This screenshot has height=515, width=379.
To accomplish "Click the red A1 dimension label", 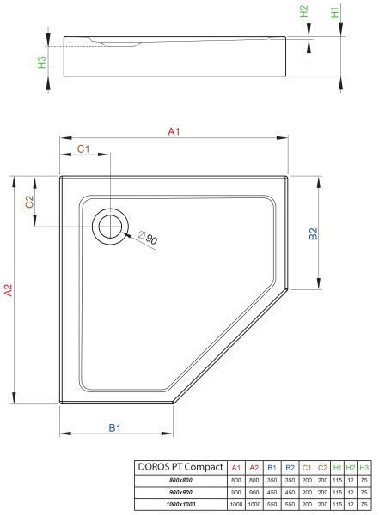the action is [174, 131].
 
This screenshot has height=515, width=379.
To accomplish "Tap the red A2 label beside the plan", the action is [9, 290].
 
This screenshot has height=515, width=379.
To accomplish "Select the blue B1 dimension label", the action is [114, 428].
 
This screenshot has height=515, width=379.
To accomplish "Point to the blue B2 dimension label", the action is [313, 233].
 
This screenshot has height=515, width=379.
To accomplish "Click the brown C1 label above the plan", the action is [83, 149].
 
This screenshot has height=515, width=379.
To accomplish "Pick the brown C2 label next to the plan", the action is [29, 202].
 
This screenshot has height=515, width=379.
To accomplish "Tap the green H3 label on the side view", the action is [42, 62].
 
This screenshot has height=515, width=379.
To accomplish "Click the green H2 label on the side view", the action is [304, 11].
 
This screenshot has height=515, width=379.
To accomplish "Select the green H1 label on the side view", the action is [334, 13].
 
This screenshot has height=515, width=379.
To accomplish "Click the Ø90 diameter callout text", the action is [148, 238].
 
